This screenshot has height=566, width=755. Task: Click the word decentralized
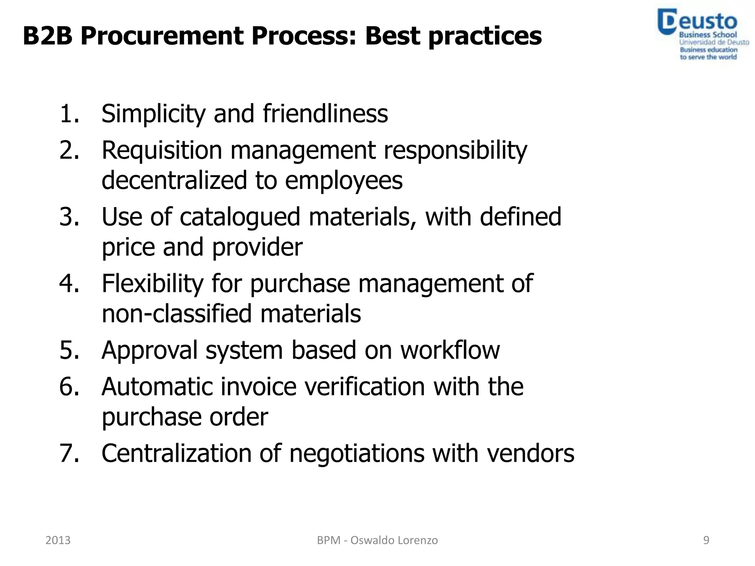click(174, 180)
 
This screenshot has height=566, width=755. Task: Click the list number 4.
click(69, 283)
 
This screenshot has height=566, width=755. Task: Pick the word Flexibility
click(152, 283)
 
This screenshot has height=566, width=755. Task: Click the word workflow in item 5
click(450, 350)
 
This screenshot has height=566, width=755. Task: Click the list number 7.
click(69, 453)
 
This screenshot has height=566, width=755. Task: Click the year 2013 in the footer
click(58, 540)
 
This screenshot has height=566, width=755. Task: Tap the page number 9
click(706, 540)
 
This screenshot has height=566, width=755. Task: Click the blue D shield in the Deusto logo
click(667, 22)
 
